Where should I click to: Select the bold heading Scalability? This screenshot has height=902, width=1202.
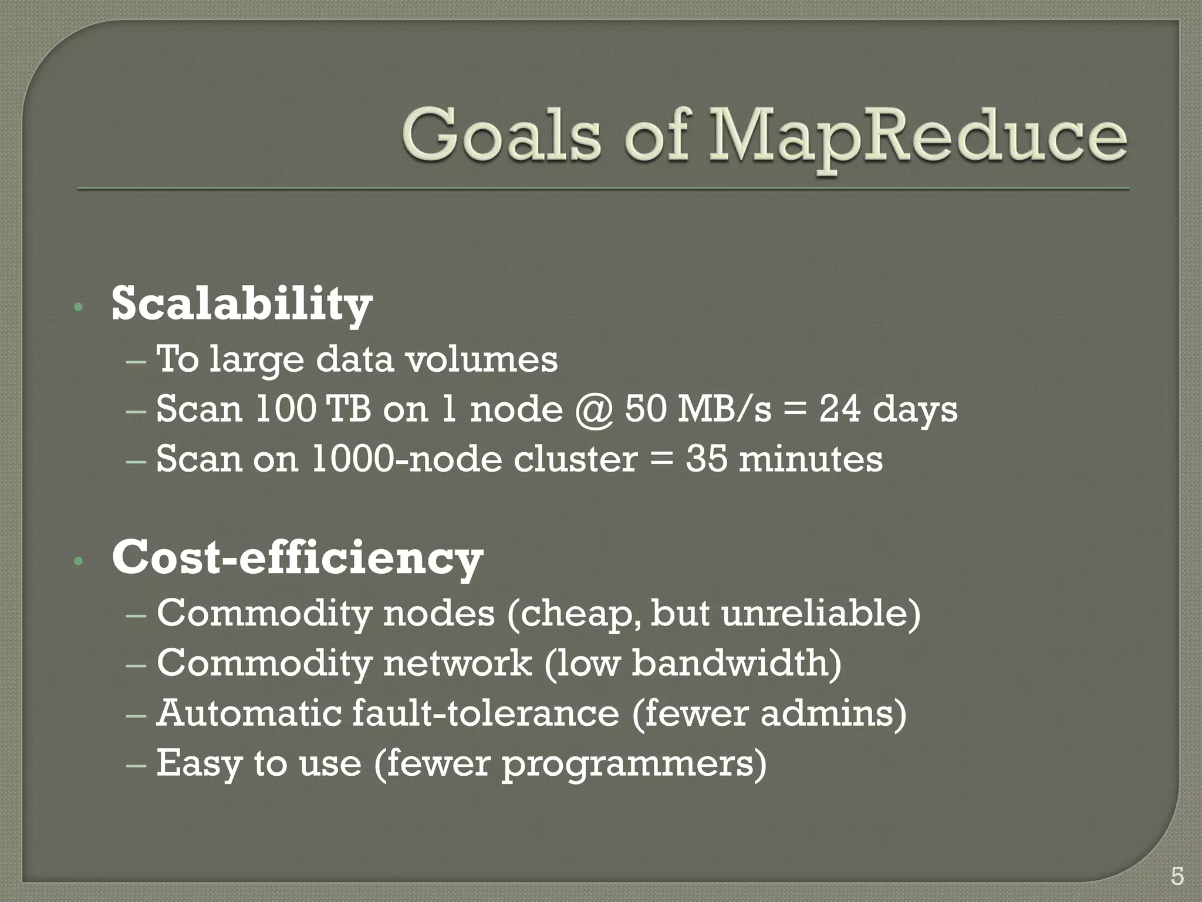(241, 304)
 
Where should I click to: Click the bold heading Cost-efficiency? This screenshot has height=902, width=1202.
(297, 558)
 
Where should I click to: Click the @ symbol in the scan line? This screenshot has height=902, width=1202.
(593, 409)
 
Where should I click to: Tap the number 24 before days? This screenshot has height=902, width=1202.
(839, 409)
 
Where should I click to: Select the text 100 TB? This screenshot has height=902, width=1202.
(313, 409)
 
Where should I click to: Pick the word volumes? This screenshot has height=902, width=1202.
(482, 359)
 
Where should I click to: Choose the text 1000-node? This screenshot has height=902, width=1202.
(406, 459)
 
